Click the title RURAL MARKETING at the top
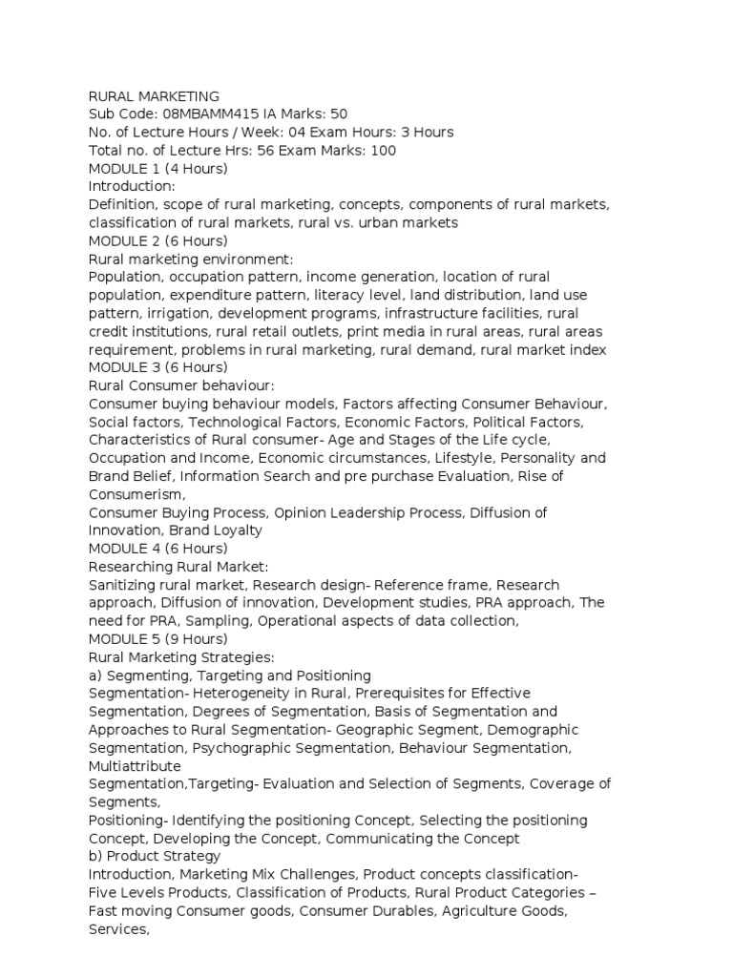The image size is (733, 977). pyautogui.click(x=154, y=96)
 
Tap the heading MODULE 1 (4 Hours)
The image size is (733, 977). pyautogui.click(x=158, y=169)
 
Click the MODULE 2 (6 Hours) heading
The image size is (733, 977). pyautogui.click(x=158, y=241)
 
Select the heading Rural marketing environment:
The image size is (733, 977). pyautogui.click(x=191, y=260)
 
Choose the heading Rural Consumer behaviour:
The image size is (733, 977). pyautogui.click(x=181, y=386)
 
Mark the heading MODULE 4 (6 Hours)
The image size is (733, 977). pyautogui.click(x=158, y=550)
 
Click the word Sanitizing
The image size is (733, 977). pyautogui.click(x=126, y=586)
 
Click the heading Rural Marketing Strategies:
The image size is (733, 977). pyautogui.click(x=181, y=658)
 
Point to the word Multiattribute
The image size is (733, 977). pyautogui.click(x=134, y=767)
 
